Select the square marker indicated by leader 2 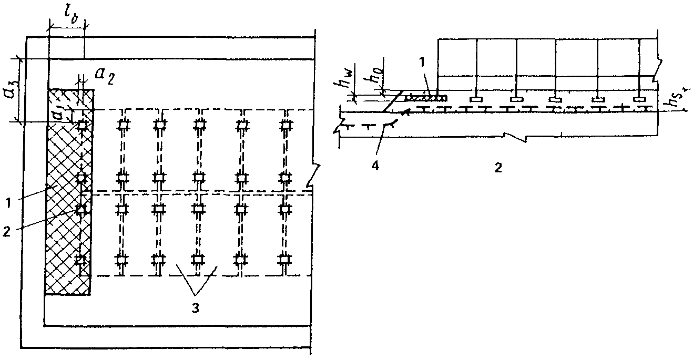(x=81, y=209)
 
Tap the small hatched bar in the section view (x=426, y=98)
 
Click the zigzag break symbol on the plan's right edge (x=314, y=177)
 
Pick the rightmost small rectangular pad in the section (x=639, y=99)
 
